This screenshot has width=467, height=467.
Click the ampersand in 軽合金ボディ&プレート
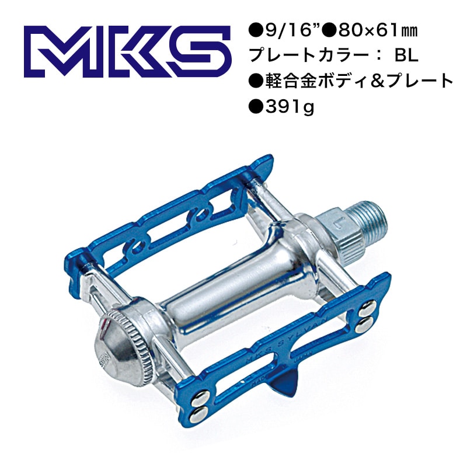[382, 82]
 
